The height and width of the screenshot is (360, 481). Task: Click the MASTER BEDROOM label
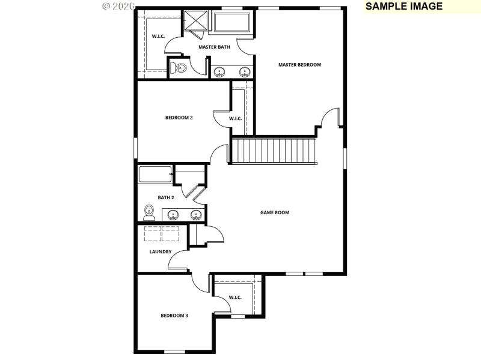[x=299, y=65]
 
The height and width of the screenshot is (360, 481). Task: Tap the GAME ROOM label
[x=274, y=212]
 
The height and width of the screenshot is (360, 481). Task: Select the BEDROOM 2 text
[x=179, y=118]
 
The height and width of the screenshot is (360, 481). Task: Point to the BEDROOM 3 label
[x=174, y=315]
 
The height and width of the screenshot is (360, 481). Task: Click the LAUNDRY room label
[x=161, y=251]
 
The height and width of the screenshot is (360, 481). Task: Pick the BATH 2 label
[x=166, y=197]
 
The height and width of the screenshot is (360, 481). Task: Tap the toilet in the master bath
[x=179, y=68]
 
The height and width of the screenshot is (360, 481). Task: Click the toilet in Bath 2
[x=150, y=212]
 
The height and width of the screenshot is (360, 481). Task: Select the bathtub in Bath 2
[x=155, y=175]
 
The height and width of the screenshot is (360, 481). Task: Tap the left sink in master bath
[x=220, y=72]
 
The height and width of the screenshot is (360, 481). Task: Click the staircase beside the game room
[x=274, y=150]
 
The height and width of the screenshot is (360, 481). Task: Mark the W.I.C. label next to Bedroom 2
[x=235, y=118]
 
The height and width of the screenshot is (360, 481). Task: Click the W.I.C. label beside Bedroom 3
[x=234, y=297]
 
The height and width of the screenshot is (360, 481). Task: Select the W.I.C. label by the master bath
[x=158, y=36]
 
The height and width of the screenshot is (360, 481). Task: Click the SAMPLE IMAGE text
[x=403, y=7]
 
